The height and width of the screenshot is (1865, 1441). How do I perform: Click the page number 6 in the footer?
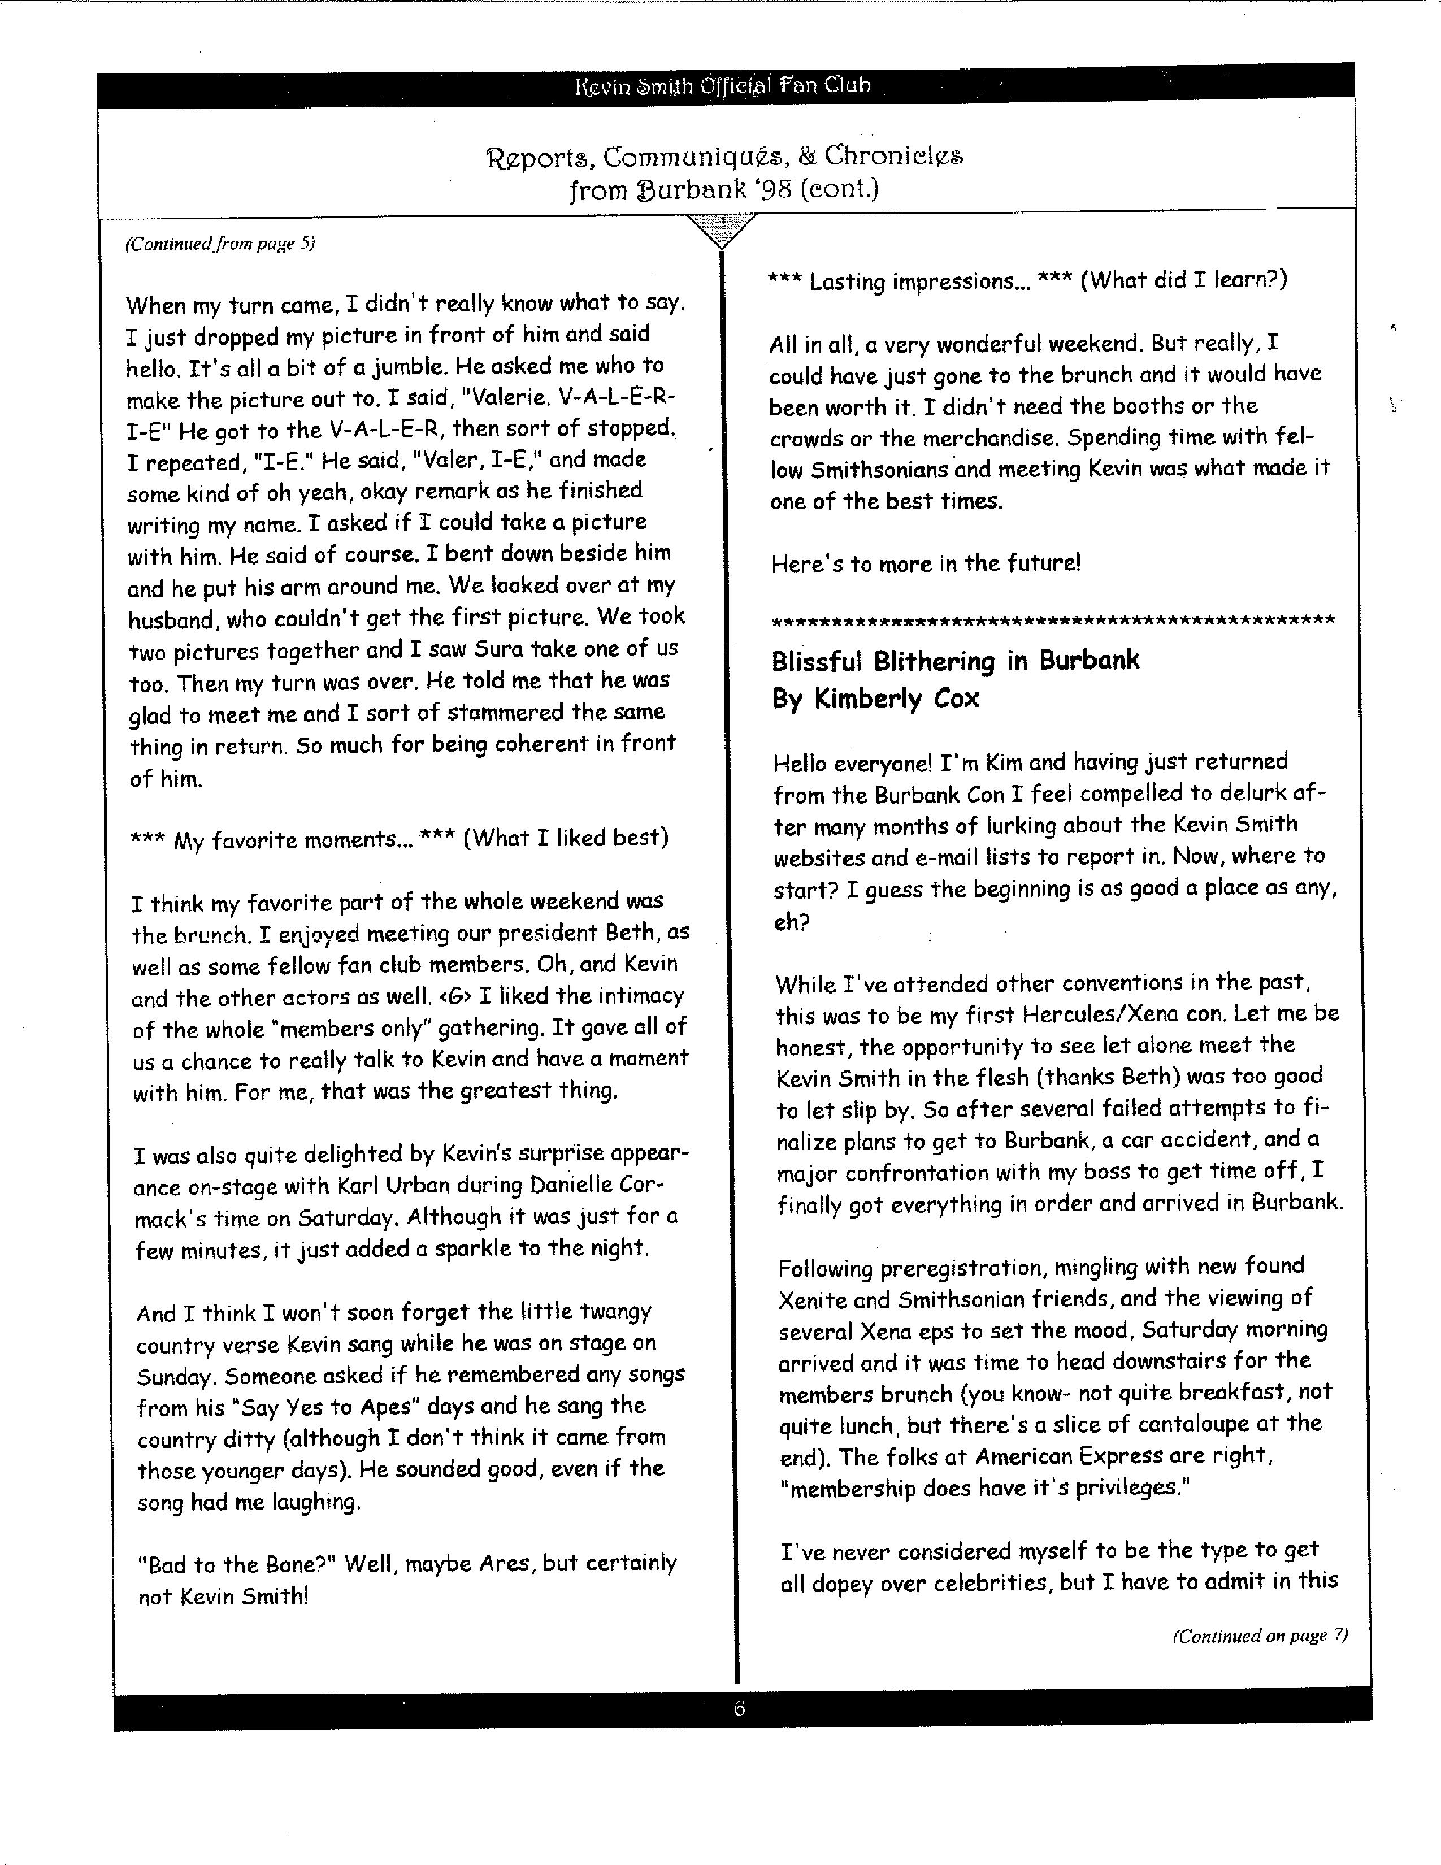click(739, 1708)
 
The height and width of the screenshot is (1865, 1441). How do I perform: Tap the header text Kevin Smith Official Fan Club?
click(722, 85)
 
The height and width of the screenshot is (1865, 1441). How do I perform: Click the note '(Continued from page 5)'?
click(220, 244)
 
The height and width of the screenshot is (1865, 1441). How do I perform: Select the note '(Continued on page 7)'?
click(1260, 1636)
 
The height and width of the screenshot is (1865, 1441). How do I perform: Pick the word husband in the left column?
click(171, 618)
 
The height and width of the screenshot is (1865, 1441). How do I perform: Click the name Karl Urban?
click(474, 1185)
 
